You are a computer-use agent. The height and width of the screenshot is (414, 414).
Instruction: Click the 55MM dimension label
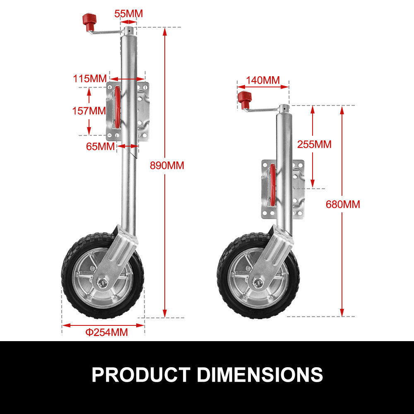coord(128,14)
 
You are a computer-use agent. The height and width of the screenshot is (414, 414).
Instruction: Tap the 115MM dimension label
coord(90,78)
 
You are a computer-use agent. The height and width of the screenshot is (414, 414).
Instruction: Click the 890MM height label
coord(167,165)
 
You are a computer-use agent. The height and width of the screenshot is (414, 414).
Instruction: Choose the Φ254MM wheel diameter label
coord(106,332)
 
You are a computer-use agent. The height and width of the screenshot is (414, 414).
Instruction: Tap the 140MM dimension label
coord(262,80)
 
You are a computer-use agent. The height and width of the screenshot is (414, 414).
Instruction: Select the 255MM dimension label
coord(314,144)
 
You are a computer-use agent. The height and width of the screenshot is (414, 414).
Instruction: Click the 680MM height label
coord(343,204)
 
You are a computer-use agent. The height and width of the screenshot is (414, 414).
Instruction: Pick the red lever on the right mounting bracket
coord(272,185)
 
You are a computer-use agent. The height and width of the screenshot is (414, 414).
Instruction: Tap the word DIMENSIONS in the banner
coord(260,374)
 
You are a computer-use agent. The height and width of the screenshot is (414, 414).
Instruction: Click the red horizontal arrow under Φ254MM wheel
coord(103,325)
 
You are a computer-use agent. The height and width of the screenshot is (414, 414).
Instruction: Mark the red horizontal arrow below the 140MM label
coord(263,87)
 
